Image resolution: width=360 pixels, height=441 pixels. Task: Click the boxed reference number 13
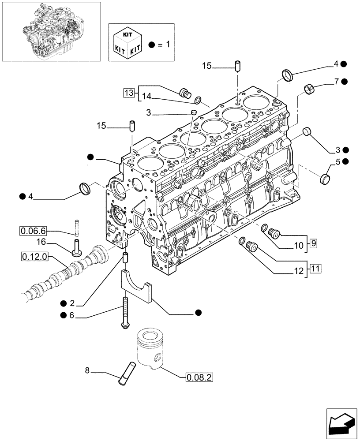point(128,93)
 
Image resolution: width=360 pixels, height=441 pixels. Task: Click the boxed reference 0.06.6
point(33,230)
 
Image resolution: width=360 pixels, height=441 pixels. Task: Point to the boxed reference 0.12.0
point(33,256)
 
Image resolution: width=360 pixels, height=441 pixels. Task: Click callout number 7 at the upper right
point(337,81)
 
